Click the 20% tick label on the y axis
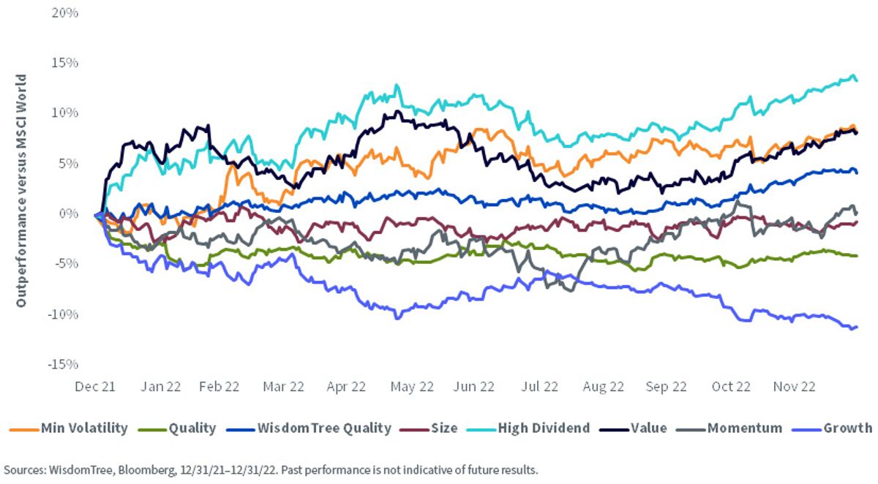click(x=64, y=13)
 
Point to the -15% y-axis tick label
click(x=63, y=364)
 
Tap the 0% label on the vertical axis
click(x=69, y=213)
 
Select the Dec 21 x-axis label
click(x=95, y=387)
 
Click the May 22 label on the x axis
click(x=412, y=387)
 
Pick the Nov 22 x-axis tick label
click(x=794, y=387)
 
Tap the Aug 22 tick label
click(x=603, y=387)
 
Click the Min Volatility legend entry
click(x=69, y=428)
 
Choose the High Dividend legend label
click(x=528, y=428)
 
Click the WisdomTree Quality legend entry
click(x=309, y=428)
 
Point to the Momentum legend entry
click(x=729, y=428)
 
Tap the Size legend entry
click(x=429, y=428)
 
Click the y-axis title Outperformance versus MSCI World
click(x=20, y=191)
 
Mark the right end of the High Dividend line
click(x=857, y=80)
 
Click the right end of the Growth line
click(x=857, y=327)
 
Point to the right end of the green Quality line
click(x=857, y=256)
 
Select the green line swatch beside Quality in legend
click(x=152, y=430)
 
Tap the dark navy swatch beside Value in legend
click(x=614, y=430)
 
